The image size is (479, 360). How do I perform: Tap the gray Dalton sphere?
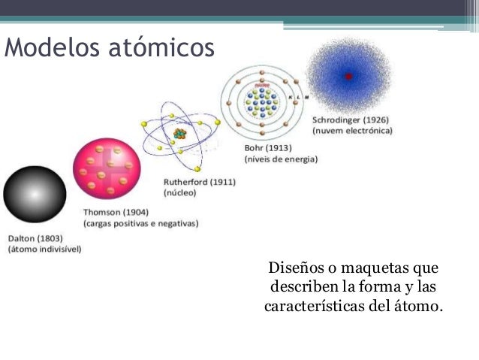(x=29, y=193)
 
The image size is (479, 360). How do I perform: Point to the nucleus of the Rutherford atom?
(x=179, y=135)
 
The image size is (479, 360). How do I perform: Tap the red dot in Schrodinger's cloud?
(x=348, y=76)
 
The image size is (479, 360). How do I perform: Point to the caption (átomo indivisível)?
(x=45, y=249)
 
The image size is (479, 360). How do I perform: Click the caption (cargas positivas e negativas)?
(x=140, y=224)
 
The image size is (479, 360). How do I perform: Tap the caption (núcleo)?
(x=179, y=192)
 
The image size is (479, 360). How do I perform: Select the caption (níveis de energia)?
(x=281, y=159)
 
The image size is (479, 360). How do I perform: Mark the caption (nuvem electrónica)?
(x=356, y=131)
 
